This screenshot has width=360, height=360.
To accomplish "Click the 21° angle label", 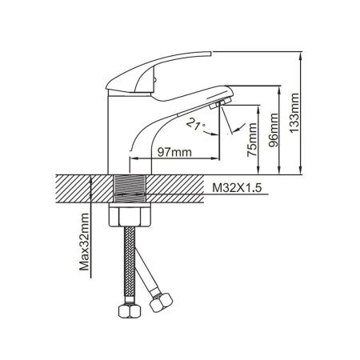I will click(x=194, y=125).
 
